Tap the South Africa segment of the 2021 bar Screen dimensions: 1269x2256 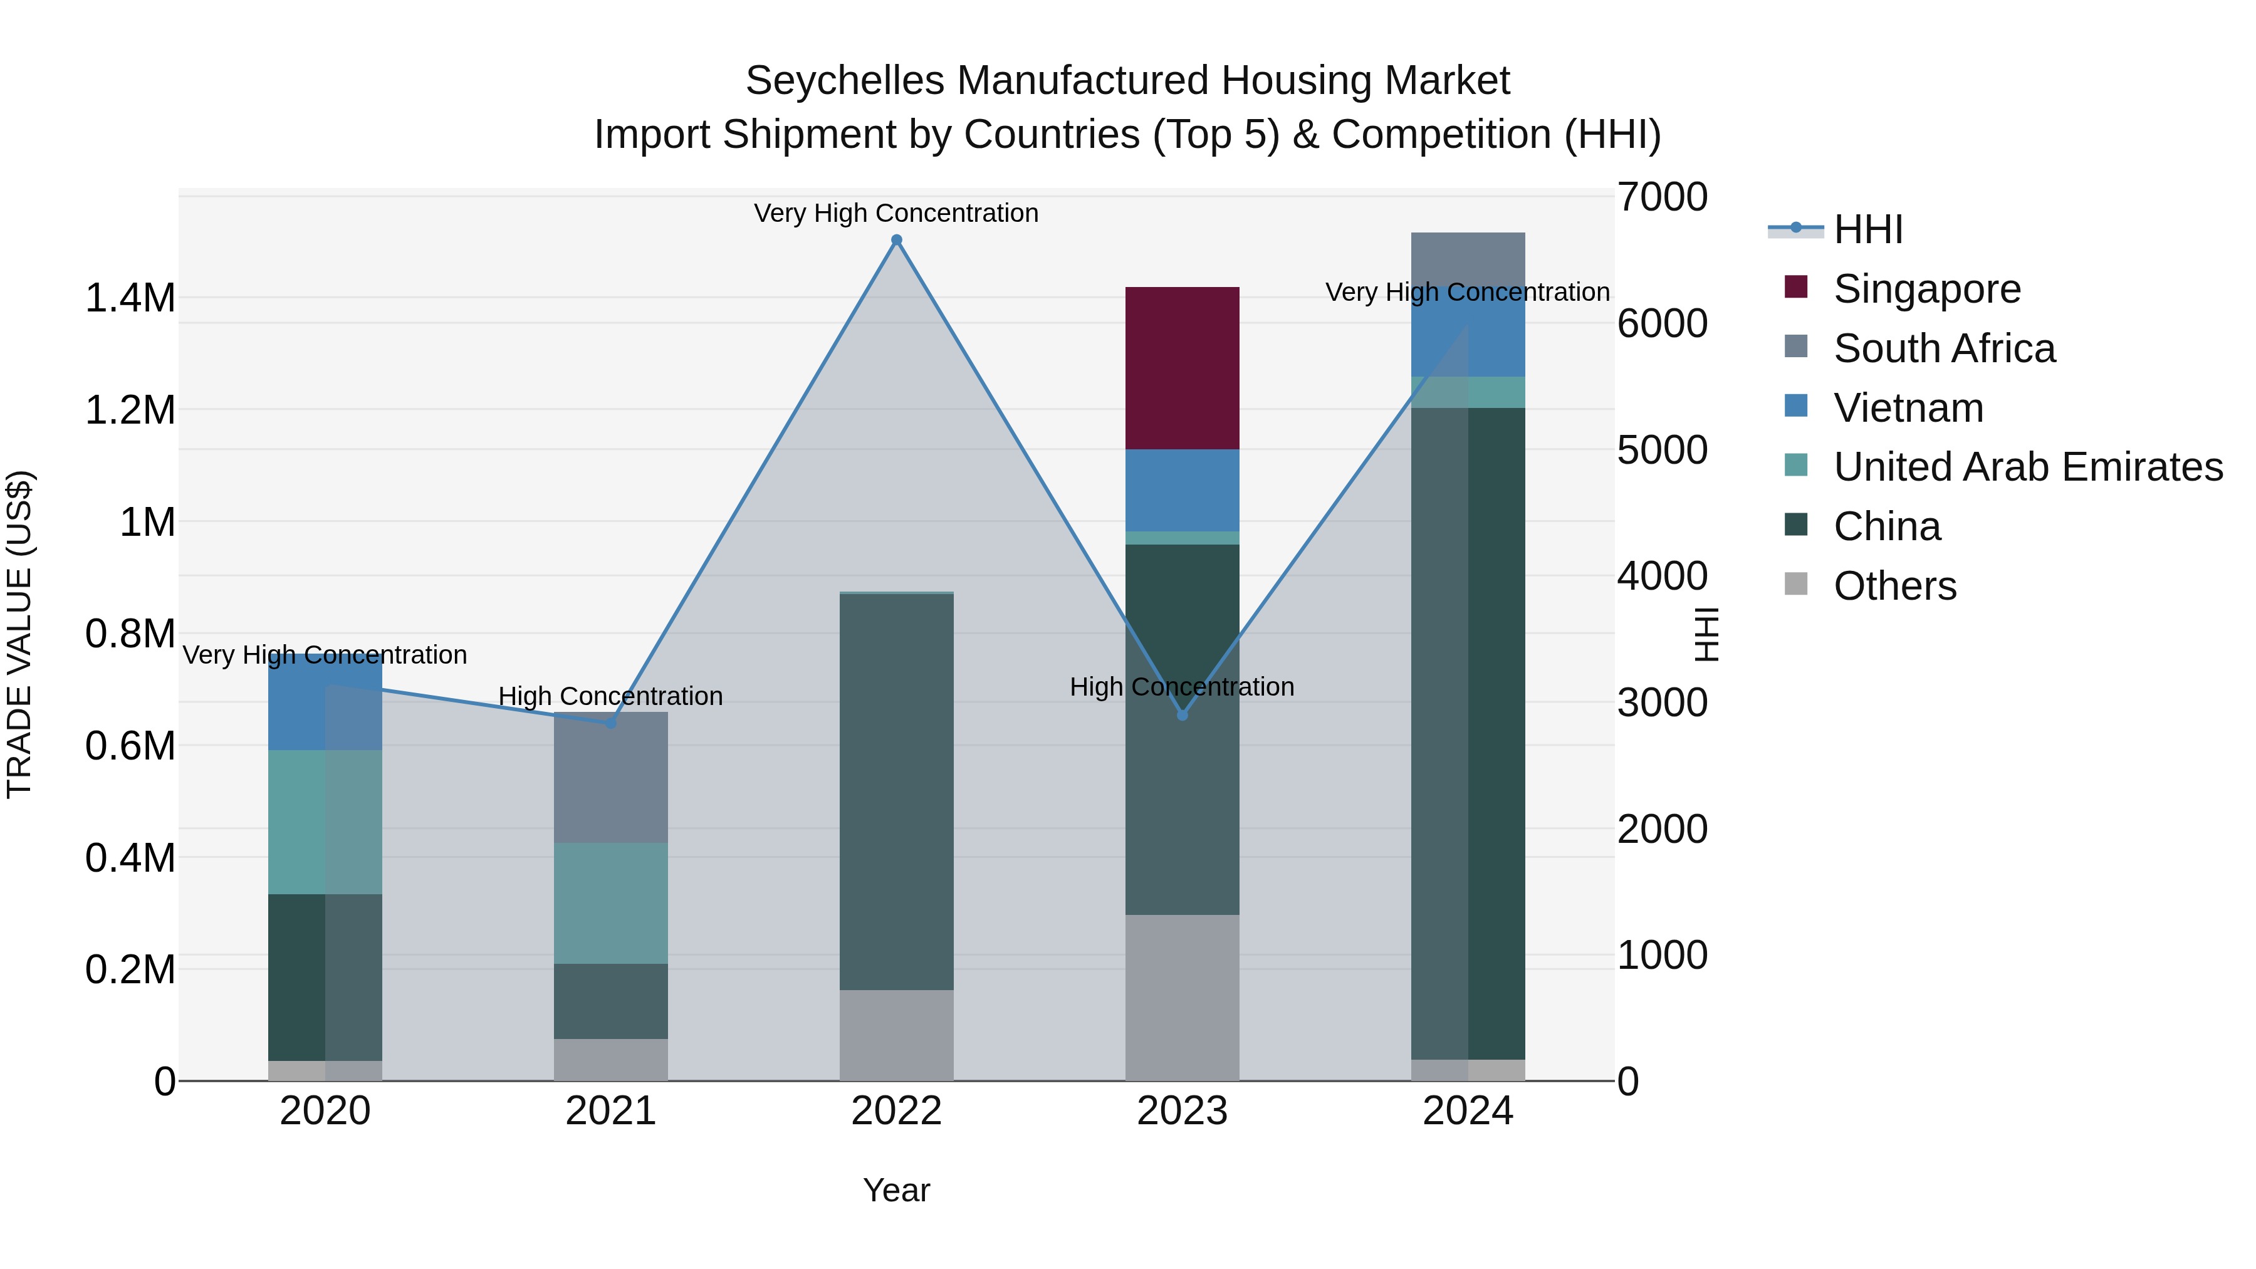(x=610, y=778)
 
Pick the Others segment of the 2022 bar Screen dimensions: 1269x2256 (x=896, y=1035)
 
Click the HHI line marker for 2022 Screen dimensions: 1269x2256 (x=896, y=240)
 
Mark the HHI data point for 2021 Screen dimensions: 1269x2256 (x=610, y=723)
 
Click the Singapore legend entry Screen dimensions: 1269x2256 (x=1927, y=289)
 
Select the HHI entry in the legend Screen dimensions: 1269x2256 (x=1867, y=229)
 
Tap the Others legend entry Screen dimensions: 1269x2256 (x=1894, y=586)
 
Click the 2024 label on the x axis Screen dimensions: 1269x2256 (x=1468, y=1111)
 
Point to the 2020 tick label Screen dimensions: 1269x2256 (x=325, y=1111)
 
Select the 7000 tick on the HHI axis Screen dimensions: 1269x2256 (x=1661, y=197)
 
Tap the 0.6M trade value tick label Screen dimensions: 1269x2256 (x=130, y=746)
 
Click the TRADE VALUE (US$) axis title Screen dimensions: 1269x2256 (x=19, y=634)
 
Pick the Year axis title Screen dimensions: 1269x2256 (x=896, y=1190)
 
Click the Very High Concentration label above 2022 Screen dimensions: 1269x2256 (x=896, y=213)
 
